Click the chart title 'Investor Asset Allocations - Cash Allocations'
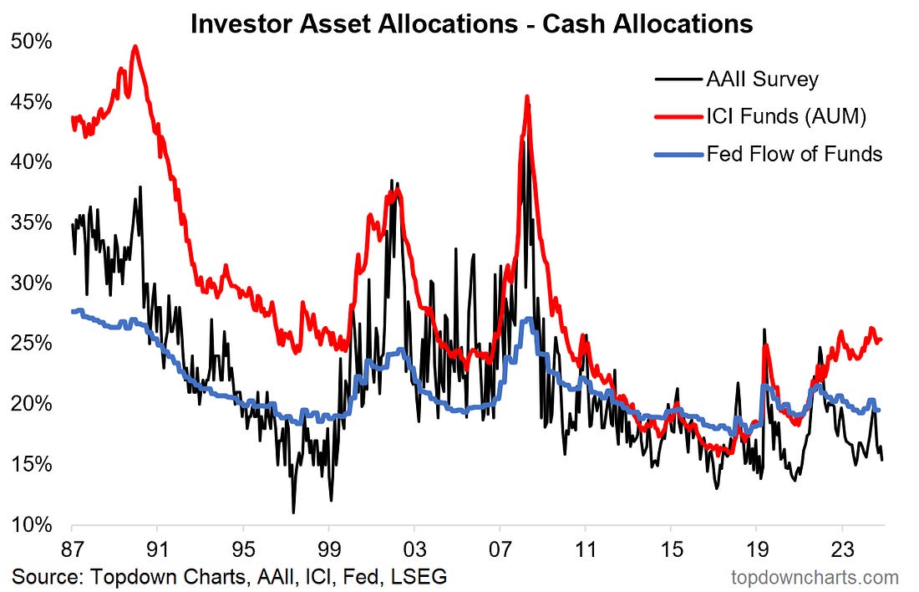point(472,24)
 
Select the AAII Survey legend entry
point(762,80)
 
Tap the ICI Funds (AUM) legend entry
point(785,117)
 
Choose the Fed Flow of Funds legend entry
point(794,154)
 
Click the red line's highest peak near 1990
point(135,46)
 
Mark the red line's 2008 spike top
point(527,96)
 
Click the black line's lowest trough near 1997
point(293,512)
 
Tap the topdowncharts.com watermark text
point(815,577)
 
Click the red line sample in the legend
point(675,117)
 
